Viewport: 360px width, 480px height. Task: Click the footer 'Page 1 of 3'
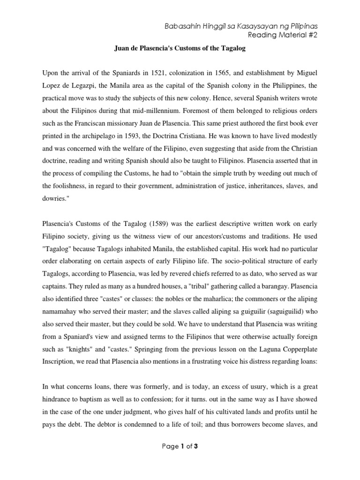[180, 459]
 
